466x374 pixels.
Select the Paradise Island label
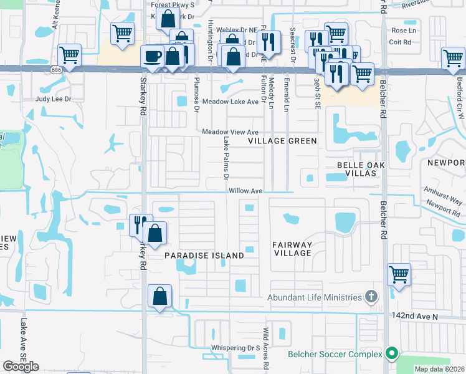(204, 256)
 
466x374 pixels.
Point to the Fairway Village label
(292, 249)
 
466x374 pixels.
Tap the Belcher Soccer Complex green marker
(391, 354)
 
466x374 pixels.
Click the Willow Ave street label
(245, 191)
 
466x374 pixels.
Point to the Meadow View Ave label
(230, 132)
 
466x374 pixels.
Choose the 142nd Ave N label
(416, 317)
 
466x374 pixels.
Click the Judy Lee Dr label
(54, 99)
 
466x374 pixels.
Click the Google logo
(21, 367)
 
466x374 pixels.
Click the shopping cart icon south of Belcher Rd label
(399, 274)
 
